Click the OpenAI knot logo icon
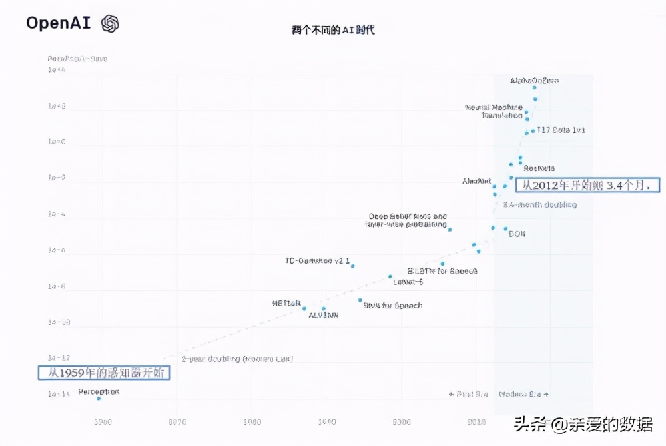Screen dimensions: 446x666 click(110, 24)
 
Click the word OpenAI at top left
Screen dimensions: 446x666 click(58, 23)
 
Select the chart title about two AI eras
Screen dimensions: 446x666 click(333, 30)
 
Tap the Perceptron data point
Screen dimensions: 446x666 click(99, 398)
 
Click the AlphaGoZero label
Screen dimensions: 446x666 click(534, 81)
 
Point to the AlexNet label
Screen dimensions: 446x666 click(476, 181)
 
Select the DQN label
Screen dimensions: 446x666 click(517, 234)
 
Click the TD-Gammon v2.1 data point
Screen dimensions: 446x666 click(352, 266)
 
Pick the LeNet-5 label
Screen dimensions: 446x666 click(408, 282)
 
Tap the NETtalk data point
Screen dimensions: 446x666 click(304, 308)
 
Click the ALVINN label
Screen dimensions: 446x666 click(323, 316)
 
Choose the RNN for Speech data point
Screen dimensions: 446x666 click(360, 300)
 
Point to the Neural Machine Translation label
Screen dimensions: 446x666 click(494, 111)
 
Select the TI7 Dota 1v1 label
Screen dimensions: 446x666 click(561, 130)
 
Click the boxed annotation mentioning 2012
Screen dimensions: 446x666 click(589, 186)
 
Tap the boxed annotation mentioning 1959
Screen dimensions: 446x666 click(105, 373)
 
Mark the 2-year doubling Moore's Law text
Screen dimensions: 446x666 click(237, 359)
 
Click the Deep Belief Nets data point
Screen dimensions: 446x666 click(450, 230)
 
